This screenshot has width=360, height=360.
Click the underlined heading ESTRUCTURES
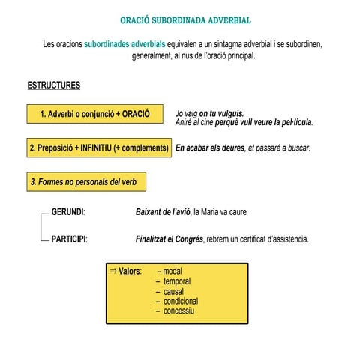(53, 85)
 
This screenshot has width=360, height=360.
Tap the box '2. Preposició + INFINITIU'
(98, 148)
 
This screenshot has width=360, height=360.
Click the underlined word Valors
(130, 271)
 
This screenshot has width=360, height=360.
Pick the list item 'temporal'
(175, 280)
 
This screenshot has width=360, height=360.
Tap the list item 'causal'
(173, 291)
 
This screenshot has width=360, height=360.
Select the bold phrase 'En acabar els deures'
(210, 148)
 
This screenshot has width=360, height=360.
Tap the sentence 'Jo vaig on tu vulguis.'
(209, 113)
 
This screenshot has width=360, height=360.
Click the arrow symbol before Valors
(113, 271)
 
